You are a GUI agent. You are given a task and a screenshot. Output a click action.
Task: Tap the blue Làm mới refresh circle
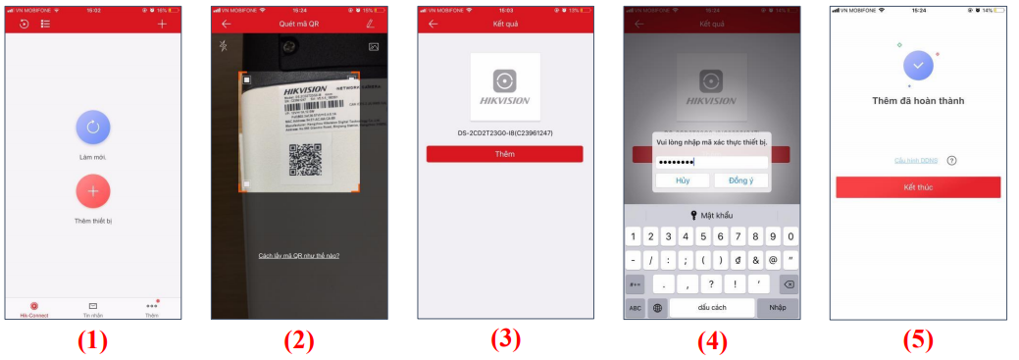tap(92, 127)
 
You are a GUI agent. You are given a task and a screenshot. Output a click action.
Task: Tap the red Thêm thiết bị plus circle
tap(92, 190)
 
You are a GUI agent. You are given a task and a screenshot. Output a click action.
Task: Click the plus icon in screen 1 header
tap(162, 23)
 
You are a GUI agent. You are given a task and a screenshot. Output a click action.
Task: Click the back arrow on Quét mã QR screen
tap(227, 23)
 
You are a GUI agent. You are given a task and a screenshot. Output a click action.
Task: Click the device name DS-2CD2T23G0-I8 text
tap(504, 132)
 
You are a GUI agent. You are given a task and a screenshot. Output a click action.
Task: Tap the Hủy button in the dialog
tap(682, 180)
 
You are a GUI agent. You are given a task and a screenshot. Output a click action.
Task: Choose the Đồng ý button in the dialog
tap(740, 180)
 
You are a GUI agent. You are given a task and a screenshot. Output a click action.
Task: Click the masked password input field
tap(711, 162)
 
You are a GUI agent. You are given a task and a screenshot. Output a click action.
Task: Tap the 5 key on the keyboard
tap(701, 236)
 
